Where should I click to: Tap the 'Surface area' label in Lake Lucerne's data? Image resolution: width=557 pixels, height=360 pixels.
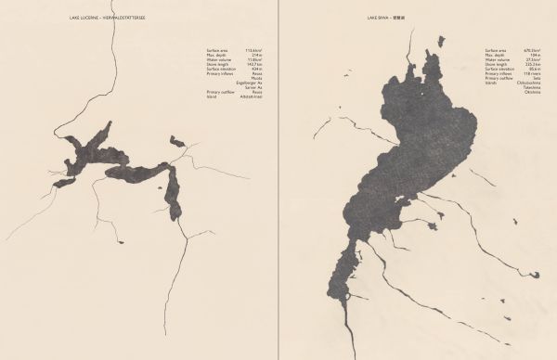pyautogui.click(x=217, y=49)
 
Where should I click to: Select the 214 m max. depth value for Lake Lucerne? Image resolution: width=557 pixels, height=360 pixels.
pyautogui.click(x=257, y=54)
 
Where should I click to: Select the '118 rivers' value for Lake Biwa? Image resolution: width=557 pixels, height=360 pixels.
pyautogui.click(x=534, y=73)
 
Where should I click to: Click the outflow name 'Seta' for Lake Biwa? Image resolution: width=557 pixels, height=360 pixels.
pyautogui.click(x=538, y=78)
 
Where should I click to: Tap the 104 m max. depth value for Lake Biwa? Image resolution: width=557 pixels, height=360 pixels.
pyautogui.click(x=537, y=54)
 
